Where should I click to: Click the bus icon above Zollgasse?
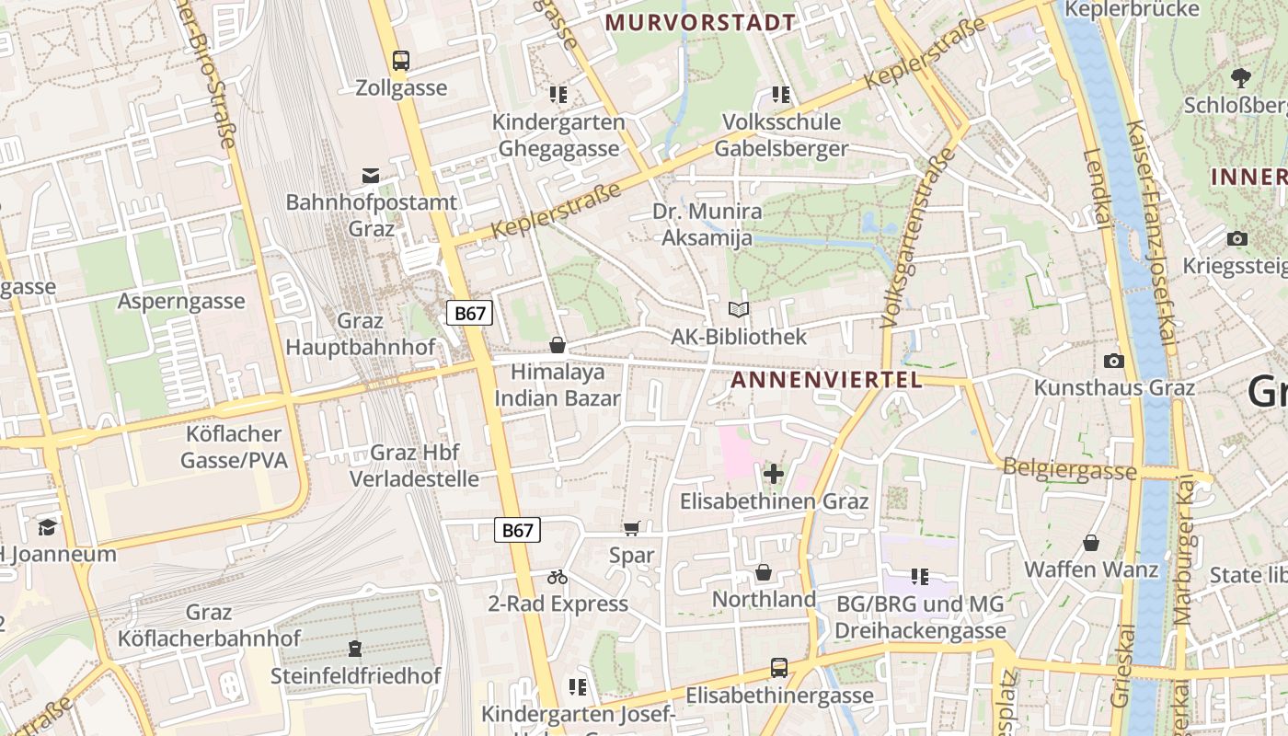401,61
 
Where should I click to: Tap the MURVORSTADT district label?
701,22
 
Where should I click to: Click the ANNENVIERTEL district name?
826,379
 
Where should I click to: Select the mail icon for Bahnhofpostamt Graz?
371,175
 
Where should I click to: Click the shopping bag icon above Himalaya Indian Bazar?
557,345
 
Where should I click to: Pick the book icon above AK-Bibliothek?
739,310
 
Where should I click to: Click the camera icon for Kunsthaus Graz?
1114,361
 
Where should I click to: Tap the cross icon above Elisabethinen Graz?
774,474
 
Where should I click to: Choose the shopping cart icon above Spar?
631,528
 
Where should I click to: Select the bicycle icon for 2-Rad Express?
558,577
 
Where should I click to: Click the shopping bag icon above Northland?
764,572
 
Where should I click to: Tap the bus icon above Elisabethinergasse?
779,667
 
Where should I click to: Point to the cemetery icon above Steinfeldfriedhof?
355,649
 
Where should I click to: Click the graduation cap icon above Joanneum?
47,527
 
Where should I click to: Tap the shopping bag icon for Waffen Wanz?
1091,543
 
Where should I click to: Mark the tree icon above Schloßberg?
1241,77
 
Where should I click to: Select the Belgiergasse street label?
1069,469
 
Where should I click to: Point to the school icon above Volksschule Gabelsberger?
781,94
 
